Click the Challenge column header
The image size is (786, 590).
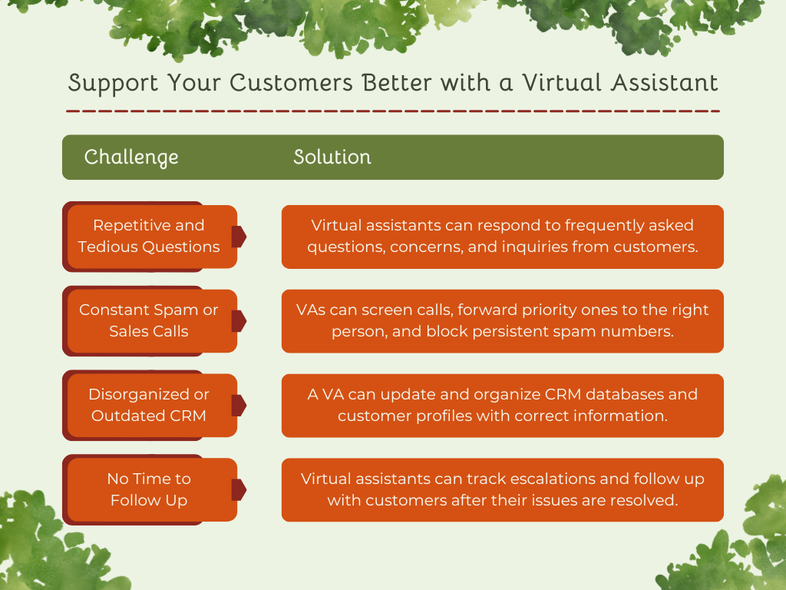click(x=131, y=157)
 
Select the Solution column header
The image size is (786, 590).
click(x=332, y=157)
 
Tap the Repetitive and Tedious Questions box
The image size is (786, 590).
click(x=149, y=236)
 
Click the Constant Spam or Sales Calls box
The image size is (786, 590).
click(x=149, y=320)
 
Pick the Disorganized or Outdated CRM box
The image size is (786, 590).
click(x=149, y=405)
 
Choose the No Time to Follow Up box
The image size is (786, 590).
click(x=149, y=489)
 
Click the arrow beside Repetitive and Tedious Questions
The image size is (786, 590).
click(x=239, y=237)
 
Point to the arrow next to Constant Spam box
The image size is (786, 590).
click(x=239, y=321)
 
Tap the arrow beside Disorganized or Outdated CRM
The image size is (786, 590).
click(x=239, y=405)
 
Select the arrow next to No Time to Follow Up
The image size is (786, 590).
click(x=239, y=489)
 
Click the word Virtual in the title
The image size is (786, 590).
click(x=552, y=83)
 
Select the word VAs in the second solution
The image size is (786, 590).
click(x=311, y=310)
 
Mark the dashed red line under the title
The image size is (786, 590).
click(x=393, y=111)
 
